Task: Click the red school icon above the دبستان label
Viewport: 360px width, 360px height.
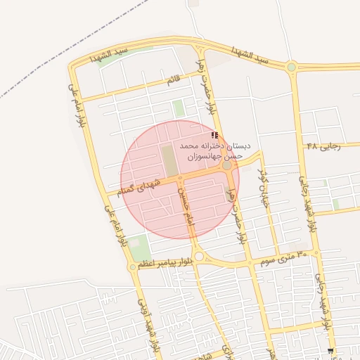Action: pos(214,134)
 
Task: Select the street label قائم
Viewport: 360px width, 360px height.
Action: pos(173,82)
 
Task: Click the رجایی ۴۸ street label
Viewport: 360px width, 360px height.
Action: pos(323,146)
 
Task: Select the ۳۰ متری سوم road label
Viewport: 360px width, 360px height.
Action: pos(281,257)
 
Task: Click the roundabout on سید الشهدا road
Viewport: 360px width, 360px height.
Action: pos(291,67)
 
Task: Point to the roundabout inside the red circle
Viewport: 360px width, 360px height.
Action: pos(226,166)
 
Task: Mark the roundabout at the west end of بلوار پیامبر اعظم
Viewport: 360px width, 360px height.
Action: pos(133,267)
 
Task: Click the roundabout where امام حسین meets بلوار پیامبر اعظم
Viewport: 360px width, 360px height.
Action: pos(199,257)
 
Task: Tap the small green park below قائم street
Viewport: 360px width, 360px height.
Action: pos(179,108)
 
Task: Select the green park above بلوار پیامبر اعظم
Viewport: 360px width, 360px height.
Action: pos(140,247)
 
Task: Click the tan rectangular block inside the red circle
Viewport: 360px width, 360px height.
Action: pos(169,160)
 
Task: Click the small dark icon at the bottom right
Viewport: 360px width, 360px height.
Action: pos(330,350)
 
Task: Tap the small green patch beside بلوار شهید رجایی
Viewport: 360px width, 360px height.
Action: pos(336,204)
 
